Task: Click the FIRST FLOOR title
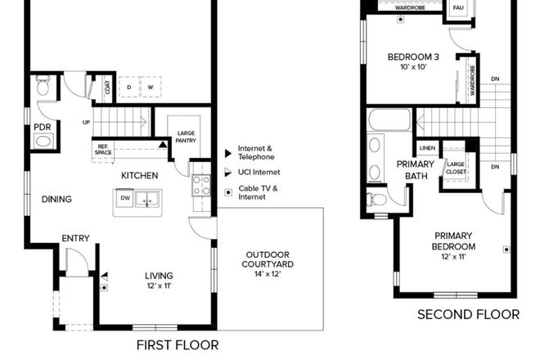click(x=178, y=345)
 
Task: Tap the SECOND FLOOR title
click(x=468, y=314)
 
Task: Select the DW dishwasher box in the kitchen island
click(x=124, y=198)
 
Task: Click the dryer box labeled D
click(x=129, y=88)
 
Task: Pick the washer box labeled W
click(x=151, y=88)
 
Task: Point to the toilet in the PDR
click(x=43, y=86)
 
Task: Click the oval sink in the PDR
click(x=43, y=142)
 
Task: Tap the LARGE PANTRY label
click(x=186, y=137)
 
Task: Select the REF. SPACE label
click(x=103, y=150)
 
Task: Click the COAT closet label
click(x=108, y=88)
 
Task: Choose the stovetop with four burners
click(x=201, y=186)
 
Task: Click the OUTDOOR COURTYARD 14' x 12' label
click(x=268, y=264)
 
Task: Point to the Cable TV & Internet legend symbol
click(x=228, y=192)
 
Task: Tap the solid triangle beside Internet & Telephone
click(x=228, y=153)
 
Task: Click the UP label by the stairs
click(x=86, y=122)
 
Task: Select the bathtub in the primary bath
click(x=390, y=119)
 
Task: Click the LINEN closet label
click(x=427, y=148)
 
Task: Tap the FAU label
click(x=458, y=7)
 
